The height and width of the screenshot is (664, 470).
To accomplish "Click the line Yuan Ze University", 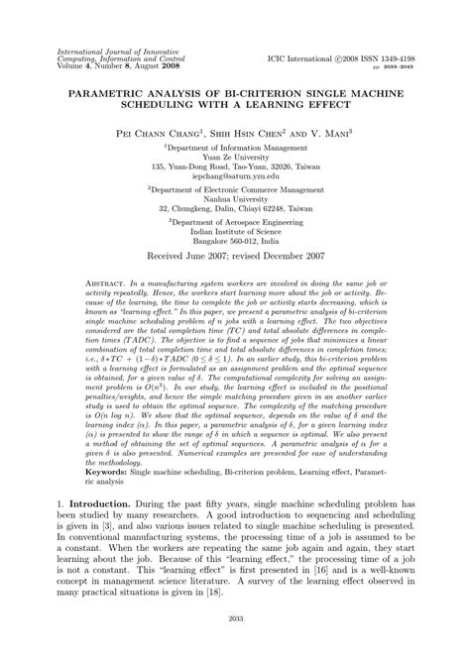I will [x=234, y=155].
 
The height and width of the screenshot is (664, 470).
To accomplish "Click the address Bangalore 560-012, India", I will [x=234, y=269].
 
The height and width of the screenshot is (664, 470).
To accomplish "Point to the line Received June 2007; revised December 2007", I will [x=234, y=286].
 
